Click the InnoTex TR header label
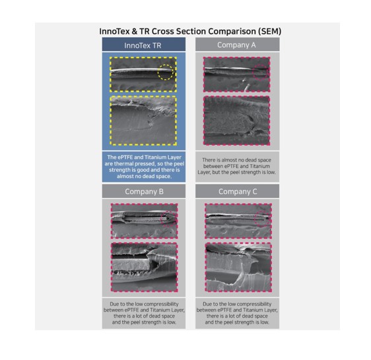click(143, 45)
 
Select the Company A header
click(236, 45)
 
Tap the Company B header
click(144, 191)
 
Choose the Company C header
click(238, 191)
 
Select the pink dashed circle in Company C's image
click(255, 218)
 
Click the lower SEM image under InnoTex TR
click(143, 120)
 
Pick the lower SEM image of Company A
click(236, 120)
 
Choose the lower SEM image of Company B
click(144, 267)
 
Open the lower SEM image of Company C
click(238, 267)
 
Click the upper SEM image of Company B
click(144, 221)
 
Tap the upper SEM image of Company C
click(238, 221)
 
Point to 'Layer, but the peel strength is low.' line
click(236, 172)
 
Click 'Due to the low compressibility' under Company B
click(144, 304)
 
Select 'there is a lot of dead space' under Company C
click(237, 316)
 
